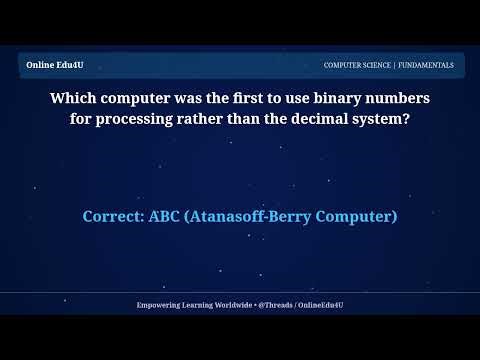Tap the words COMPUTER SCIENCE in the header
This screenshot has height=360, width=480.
pyautogui.click(x=357, y=65)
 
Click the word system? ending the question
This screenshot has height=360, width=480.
pyautogui.click(x=378, y=119)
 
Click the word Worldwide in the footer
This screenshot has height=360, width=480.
pyautogui.click(x=234, y=304)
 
